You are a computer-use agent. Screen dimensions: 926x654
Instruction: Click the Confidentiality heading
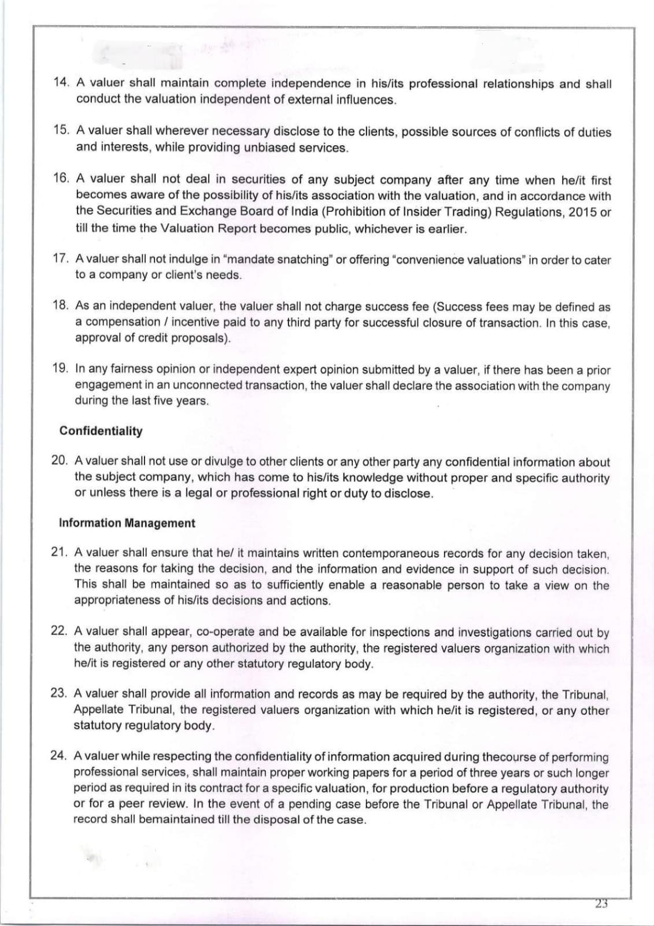coord(101,431)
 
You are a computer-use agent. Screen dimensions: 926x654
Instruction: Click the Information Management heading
coord(127,523)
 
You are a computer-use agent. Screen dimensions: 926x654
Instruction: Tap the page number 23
coord(601,904)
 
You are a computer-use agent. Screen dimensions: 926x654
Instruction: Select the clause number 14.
coord(60,83)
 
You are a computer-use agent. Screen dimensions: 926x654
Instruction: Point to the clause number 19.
coord(60,369)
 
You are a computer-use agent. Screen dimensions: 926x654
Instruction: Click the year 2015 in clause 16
coord(582,212)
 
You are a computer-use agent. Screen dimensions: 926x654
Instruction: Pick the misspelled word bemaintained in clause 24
coord(169,820)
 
